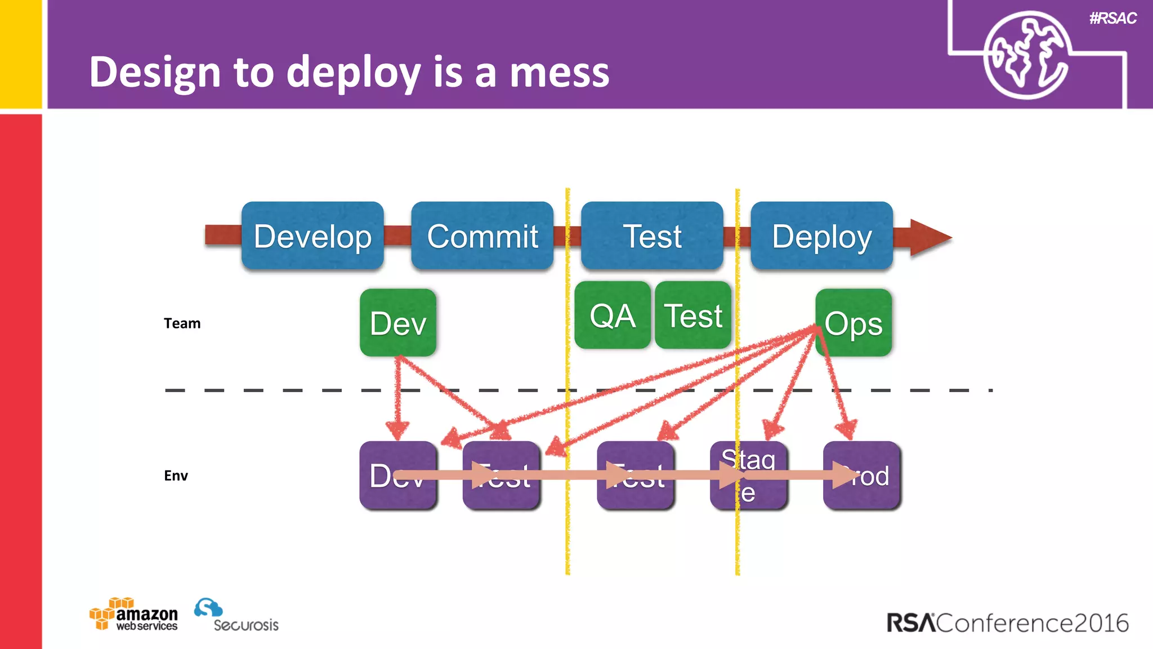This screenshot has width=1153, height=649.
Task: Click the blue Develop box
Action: click(x=312, y=235)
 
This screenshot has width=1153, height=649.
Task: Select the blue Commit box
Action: click(x=482, y=235)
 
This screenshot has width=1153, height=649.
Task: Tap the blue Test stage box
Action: click(x=652, y=235)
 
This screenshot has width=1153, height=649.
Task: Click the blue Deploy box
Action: click(x=821, y=235)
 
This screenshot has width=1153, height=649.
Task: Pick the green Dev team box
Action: click(x=398, y=323)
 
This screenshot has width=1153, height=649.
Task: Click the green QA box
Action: click(x=613, y=315)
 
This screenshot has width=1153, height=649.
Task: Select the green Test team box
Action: click(x=693, y=315)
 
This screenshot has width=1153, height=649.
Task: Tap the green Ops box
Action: click(x=853, y=323)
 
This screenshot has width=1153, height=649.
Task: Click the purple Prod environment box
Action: click(x=862, y=475)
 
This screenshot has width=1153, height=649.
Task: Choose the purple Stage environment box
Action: click(x=749, y=475)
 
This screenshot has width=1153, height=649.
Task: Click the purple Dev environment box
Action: click(x=398, y=475)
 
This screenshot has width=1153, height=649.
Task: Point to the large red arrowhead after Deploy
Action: click(x=929, y=238)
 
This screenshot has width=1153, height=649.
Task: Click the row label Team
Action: click(x=182, y=323)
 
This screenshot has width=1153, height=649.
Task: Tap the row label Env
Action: click(x=176, y=475)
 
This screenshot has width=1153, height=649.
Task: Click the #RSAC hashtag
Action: click(x=1112, y=18)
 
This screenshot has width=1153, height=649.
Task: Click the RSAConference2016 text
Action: click(x=1007, y=623)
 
